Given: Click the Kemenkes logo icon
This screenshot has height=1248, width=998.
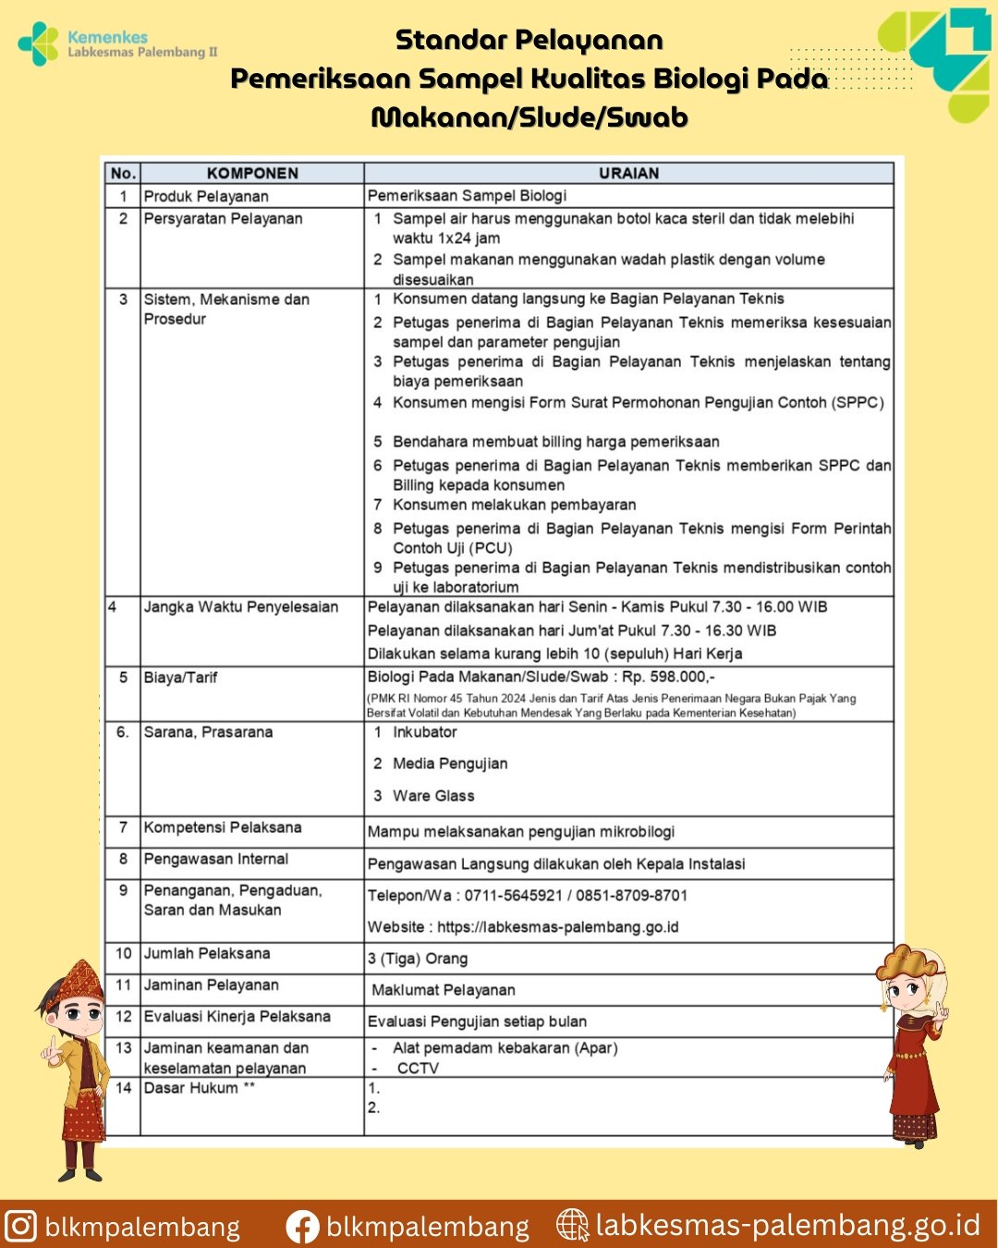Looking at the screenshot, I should [x=38, y=43].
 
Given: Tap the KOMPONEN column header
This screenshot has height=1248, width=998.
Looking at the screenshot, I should [x=252, y=173].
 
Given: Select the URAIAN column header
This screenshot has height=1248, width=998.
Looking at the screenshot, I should [x=628, y=173].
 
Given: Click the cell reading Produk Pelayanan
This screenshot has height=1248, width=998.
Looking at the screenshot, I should [x=206, y=196].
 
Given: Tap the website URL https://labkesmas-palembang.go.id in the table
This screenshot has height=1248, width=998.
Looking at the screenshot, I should [x=557, y=926].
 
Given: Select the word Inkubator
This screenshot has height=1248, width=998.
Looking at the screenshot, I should [x=424, y=732].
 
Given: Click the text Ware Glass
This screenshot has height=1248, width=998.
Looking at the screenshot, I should [x=433, y=796].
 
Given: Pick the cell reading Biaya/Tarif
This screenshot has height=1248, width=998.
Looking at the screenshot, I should [x=180, y=678].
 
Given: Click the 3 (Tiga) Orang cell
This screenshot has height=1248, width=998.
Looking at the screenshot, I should [x=418, y=959].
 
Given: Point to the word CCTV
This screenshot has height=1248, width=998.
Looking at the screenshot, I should [x=418, y=1068].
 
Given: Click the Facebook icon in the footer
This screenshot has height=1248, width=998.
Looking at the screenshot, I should [x=302, y=1227].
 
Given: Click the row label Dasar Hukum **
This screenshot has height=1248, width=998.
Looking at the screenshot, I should [x=199, y=1088].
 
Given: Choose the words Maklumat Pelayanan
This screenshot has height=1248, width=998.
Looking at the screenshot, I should [x=443, y=990].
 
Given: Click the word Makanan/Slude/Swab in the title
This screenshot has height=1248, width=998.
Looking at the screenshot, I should [x=529, y=117].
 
